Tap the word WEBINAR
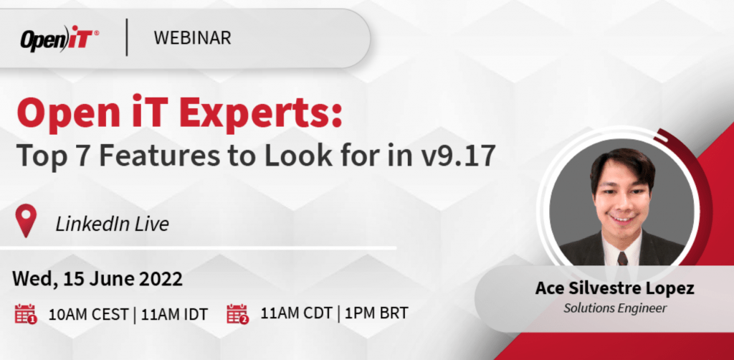pyautogui.click(x=192, y=38)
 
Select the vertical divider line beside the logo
pyautogui.click(x=127, y=38)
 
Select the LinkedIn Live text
pyautogui.click(x=112, y=224)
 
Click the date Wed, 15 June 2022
pyautogui.click(x=97, y=277)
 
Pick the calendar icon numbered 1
pyautogui.click(x=26, y=313)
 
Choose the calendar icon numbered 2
pyautogui.click(x=237, y=313)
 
